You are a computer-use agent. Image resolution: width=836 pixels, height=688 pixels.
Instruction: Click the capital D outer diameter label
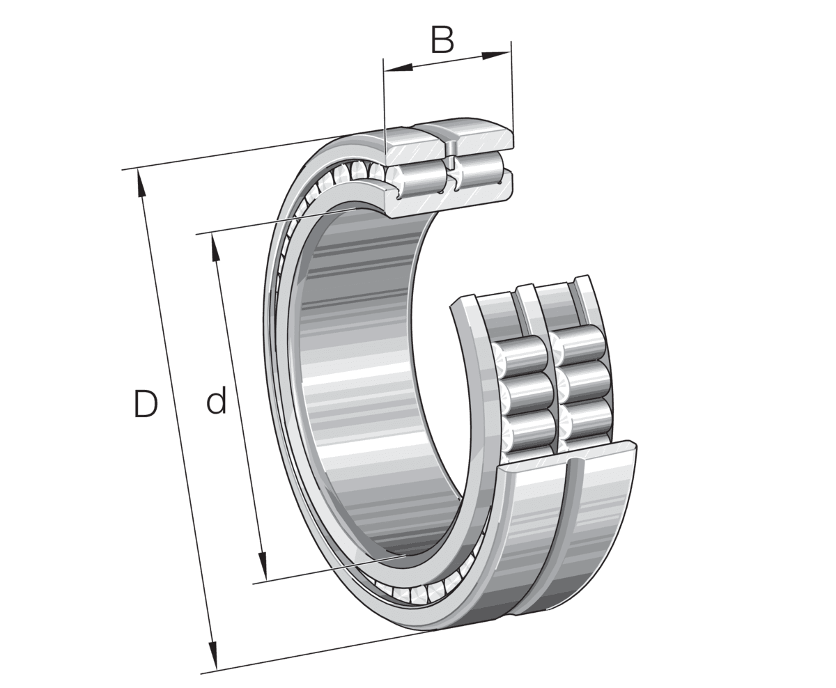146,405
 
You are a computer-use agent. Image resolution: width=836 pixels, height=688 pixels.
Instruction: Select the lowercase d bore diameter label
216,402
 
